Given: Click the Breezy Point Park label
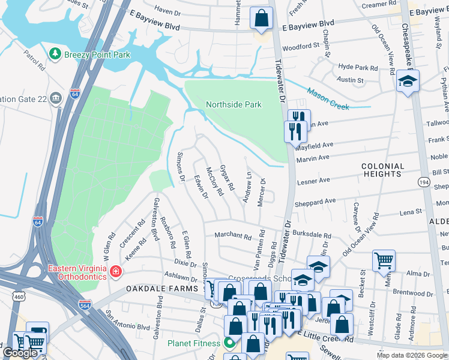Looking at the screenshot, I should point(97,54).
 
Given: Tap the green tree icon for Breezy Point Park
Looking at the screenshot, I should point(56,54).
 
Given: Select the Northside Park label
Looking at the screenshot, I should point(234,104).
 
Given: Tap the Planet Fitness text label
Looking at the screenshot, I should point(196,344).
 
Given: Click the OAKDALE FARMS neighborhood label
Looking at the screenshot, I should point(161,289).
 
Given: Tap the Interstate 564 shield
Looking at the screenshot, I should point(86,305).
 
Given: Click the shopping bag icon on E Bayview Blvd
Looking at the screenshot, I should point(262,19).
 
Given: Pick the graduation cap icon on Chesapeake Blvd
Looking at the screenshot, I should point(408,80).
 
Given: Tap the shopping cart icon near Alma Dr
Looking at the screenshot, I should point(384,260).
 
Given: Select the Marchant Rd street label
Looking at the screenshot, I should point(233,236).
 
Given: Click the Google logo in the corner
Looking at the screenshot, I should point(20,353).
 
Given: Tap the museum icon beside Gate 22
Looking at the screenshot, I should point(56,98).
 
